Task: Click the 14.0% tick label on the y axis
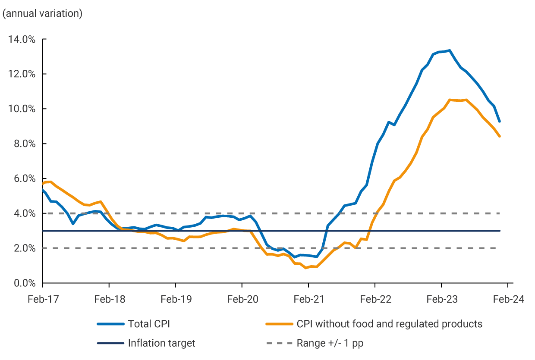[x=21, y=40]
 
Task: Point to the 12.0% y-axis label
[x=21, y=74]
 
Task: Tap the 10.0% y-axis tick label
[x=21, y=109]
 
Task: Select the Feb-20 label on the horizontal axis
[x=242, y=300]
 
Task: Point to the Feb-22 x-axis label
[x=374, y=300]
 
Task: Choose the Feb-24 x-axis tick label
[x=507, y=300]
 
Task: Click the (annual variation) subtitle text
[x=42, y=13]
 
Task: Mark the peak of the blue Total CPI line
[x=450, y=50]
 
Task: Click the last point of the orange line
[x=499, y=136]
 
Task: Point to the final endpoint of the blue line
[x=499, y=122]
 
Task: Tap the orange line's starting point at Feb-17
[x=43, y=183]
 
